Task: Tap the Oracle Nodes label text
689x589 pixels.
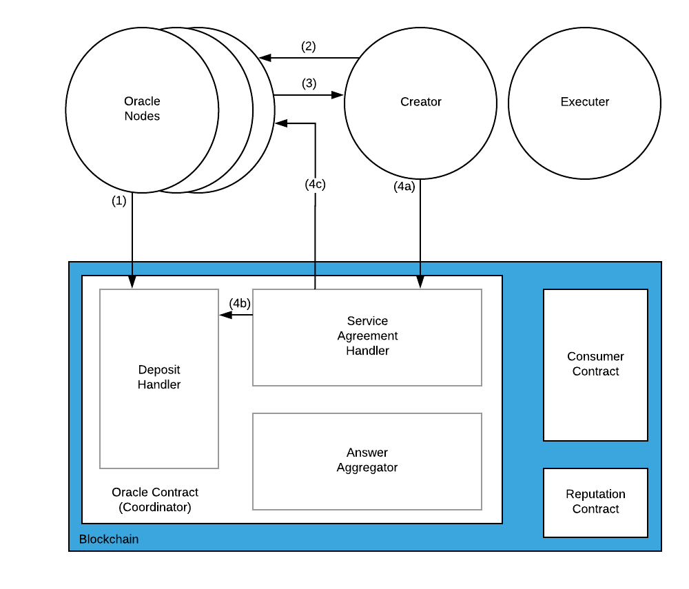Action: [x=142, y=108]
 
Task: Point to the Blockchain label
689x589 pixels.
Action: [x=109, y=539]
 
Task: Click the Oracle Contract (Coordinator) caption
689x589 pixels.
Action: [x=154, y=499]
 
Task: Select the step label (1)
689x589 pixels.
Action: [x=119, y=200]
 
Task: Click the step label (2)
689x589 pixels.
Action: [x=309, y=46]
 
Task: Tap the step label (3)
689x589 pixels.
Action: [x=309, y=83]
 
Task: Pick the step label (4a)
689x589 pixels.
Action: [x=404, y=187]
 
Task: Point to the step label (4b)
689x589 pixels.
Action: [x=240, y=303]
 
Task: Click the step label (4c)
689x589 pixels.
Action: [x=315, y=184]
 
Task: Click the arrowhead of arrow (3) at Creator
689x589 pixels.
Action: [x=338, y=95]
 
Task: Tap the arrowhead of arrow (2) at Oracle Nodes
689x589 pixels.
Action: [x=265, y=58]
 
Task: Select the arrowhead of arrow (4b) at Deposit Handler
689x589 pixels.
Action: [x=225, y=315]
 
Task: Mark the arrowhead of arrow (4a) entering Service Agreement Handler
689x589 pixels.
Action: [x=420, y=282]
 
